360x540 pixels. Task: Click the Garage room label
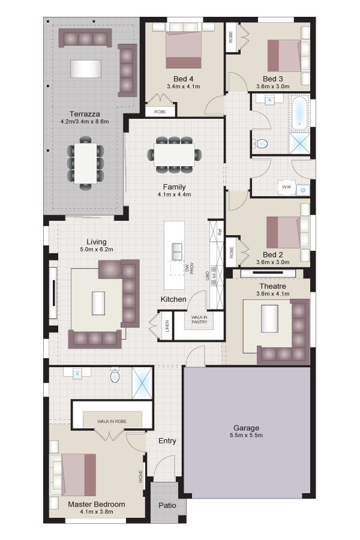pos(246,428)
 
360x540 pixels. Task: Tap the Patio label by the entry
pos(167,505)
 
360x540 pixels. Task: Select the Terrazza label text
pos(85,114)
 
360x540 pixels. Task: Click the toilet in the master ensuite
pos(115,375)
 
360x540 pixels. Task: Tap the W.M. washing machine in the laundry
pos(287,187)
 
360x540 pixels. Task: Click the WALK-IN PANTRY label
pos(199,320)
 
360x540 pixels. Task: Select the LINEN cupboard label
pos(167,326)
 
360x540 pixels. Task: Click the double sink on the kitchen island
pos(177,251)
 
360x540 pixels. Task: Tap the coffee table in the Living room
pos(98,303)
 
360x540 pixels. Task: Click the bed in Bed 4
pos(183,46)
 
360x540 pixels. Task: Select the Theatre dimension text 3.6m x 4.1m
pos(273,294)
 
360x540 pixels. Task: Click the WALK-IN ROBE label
pos(112,421)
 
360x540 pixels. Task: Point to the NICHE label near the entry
pos(140,476)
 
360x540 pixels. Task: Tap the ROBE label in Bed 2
pos(232,253)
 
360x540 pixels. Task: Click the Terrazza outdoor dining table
pos(85,163)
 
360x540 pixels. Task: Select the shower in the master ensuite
pos(142,383)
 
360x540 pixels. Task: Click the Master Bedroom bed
pos(73,475)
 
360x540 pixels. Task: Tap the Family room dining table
pos(174,155)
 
